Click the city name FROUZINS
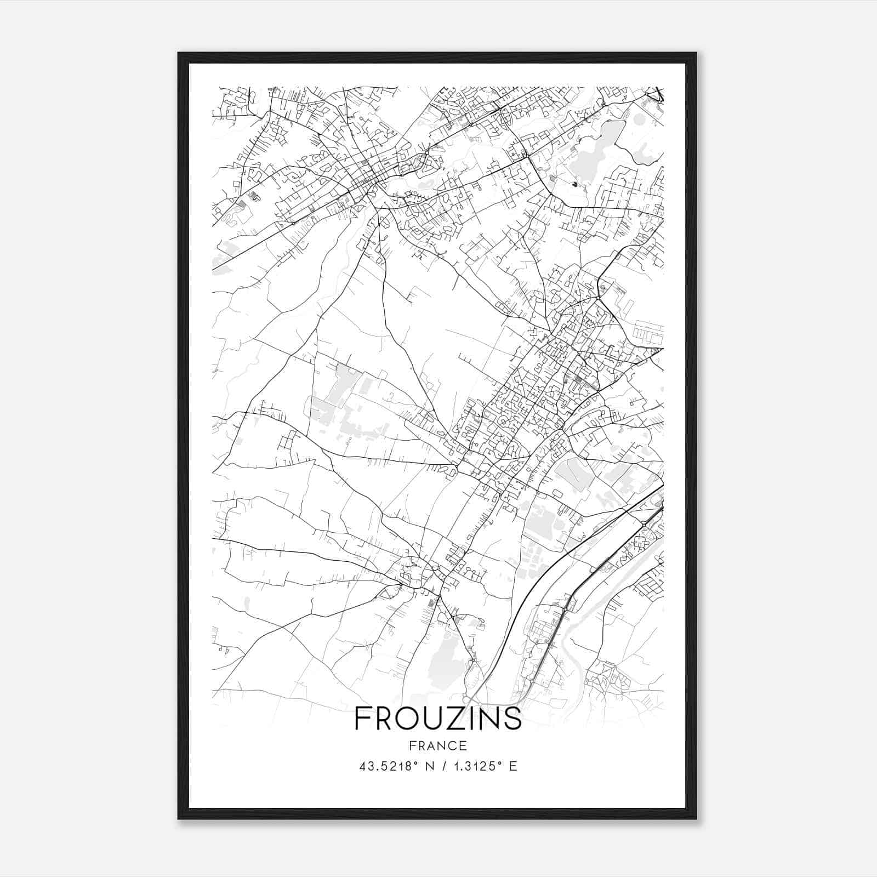pyautogui.click(x=438, y=719)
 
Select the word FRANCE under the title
pyautogui.click(x=438, y=746)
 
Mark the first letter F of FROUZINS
pyautogui.click(x=362, y=719)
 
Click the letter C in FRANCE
pyautogui.click(x=450, y=746)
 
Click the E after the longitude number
pyautogui.click(x=513, y=766)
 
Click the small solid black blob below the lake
pyautogui.click(x=574, y=184)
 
